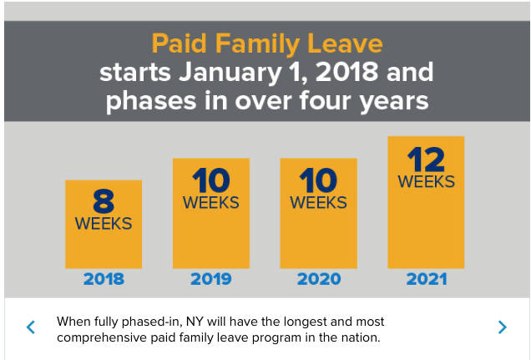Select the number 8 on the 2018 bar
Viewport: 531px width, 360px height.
(104, 201)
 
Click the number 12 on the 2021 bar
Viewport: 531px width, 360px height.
(426, 160)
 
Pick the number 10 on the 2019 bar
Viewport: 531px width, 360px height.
(210, 180)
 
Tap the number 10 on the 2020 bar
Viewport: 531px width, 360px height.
(318, 180)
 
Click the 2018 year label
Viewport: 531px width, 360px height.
(104, 279)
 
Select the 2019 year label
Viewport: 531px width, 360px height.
(210, 279)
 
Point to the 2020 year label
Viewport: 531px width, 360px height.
(318, 279)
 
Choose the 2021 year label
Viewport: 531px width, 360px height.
(426, 279)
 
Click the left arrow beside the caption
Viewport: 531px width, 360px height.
(31, 327)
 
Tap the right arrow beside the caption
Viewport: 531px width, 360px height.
(502, 327)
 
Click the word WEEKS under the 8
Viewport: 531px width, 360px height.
(104, 223)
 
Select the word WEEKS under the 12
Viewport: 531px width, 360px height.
(426, 181)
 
